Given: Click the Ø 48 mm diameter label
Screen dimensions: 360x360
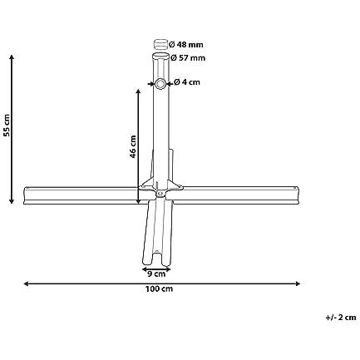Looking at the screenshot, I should coord(189,43).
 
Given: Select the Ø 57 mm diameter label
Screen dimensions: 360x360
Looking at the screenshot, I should coord(189,58).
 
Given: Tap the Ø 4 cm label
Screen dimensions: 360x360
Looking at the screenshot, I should coord(187,82).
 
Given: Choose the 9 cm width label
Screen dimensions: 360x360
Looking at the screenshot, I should coord(156,272).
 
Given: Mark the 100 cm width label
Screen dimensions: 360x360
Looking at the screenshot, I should coord(160,289).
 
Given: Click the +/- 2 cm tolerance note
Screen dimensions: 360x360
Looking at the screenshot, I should coord(340,317).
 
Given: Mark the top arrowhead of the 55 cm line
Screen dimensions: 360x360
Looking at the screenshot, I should coord(12,57).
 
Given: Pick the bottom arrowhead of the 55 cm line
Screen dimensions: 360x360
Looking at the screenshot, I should coord(12,202).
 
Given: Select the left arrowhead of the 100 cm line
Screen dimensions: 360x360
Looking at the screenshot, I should coord(25,284).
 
